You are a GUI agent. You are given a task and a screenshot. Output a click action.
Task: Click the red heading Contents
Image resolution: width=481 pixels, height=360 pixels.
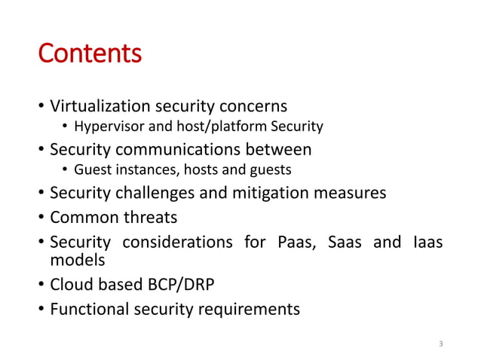90,54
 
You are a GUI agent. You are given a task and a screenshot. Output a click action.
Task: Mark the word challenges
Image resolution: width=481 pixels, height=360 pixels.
154,194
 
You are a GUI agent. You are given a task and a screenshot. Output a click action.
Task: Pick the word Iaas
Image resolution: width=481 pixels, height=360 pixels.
427,243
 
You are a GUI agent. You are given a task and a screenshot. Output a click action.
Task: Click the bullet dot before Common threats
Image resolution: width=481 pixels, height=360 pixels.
41,218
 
